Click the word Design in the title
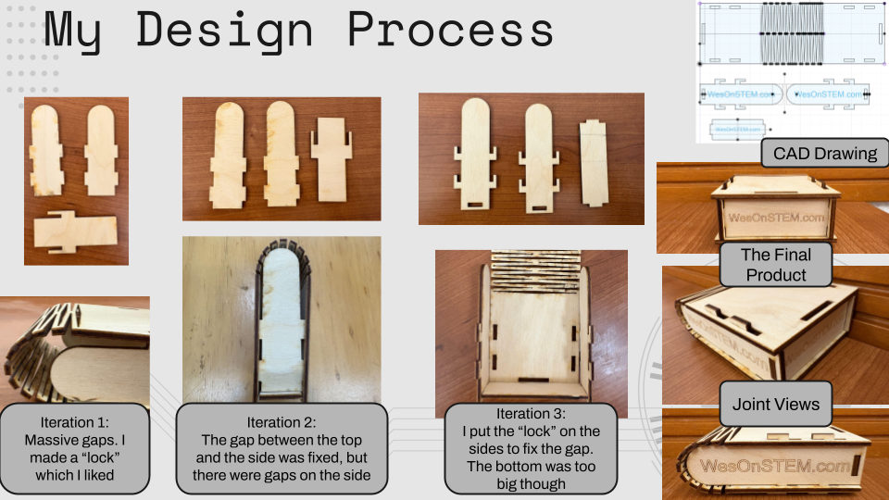point(224,31)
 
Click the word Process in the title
point(450,30)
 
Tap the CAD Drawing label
point(825,153)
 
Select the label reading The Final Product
point(776,265)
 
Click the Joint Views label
point(776,404)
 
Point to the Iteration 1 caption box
point(75,448)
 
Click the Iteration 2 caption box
point(282,448)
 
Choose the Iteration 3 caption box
point(531,448)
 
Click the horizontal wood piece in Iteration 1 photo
point(75,231)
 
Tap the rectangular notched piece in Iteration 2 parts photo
point(332,159)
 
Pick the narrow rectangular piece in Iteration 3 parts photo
point(594,163)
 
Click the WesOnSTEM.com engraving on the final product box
point(776,218)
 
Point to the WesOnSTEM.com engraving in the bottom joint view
point(774,466)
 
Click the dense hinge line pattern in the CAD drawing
point(792,33)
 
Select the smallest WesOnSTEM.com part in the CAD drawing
point(738,130)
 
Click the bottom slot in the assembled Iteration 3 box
point(533,380)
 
